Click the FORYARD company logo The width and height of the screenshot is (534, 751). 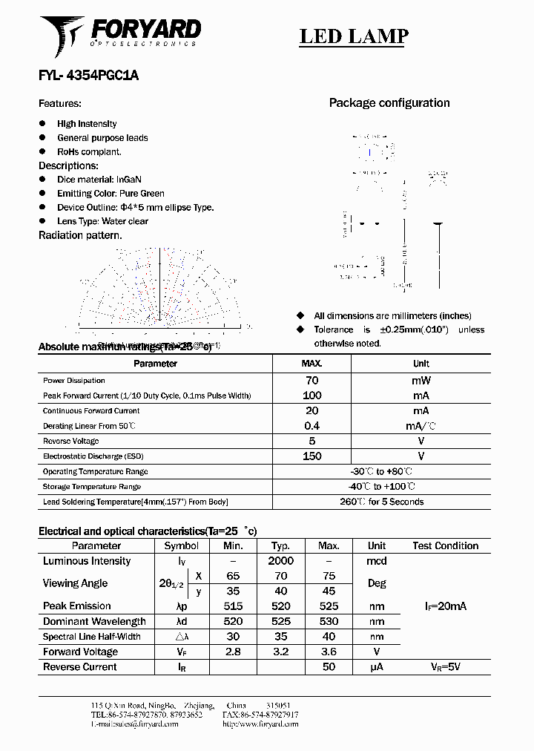[x=120, y=35]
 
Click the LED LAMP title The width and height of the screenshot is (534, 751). [x=354, y=36]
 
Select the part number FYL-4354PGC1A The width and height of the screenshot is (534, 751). [x=88, y=76]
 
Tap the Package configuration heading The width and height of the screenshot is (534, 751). [x=389, y=103]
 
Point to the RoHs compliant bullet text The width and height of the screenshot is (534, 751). [x=89, y=151]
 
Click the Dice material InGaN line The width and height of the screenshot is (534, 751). [x=99, y=180]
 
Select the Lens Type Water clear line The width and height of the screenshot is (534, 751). [x=102, y=221]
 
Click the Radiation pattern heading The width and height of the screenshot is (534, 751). [x=80, y=235]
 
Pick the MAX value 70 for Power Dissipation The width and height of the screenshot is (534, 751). [x=311, y=380]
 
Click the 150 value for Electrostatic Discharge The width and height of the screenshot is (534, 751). [x=311, y=456]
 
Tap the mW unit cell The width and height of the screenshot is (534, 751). [x=421, y=380]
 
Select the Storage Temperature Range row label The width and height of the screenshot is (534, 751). [x=92, y=487]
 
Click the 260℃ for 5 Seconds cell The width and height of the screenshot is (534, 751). [x=381, y=502]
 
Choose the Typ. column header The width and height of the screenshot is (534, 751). [x=280, y=545]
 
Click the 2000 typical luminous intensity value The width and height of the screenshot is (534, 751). [x=280, y=561]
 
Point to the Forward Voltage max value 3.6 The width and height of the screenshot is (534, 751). [x=329, y=652]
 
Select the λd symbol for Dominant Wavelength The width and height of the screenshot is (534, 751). [x=181, y=621]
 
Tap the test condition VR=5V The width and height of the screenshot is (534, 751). [x=445, y=666]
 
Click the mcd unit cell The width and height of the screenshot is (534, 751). [x=377, y=561]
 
